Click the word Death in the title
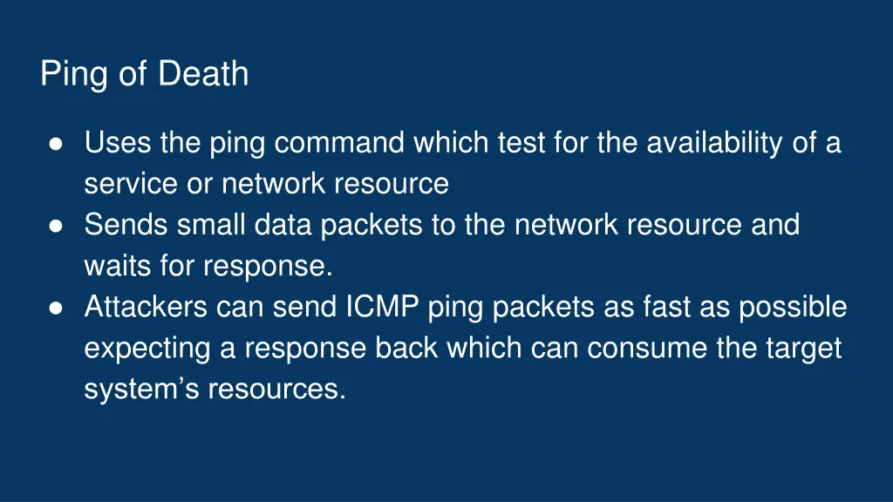[x=203, y=74]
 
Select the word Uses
[x=119, y=143]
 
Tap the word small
[x=212, y=225]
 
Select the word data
[x=284, y=225]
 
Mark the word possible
[x=793, y=308]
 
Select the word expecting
[x=147, y=349]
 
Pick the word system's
[x=141, y=390]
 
